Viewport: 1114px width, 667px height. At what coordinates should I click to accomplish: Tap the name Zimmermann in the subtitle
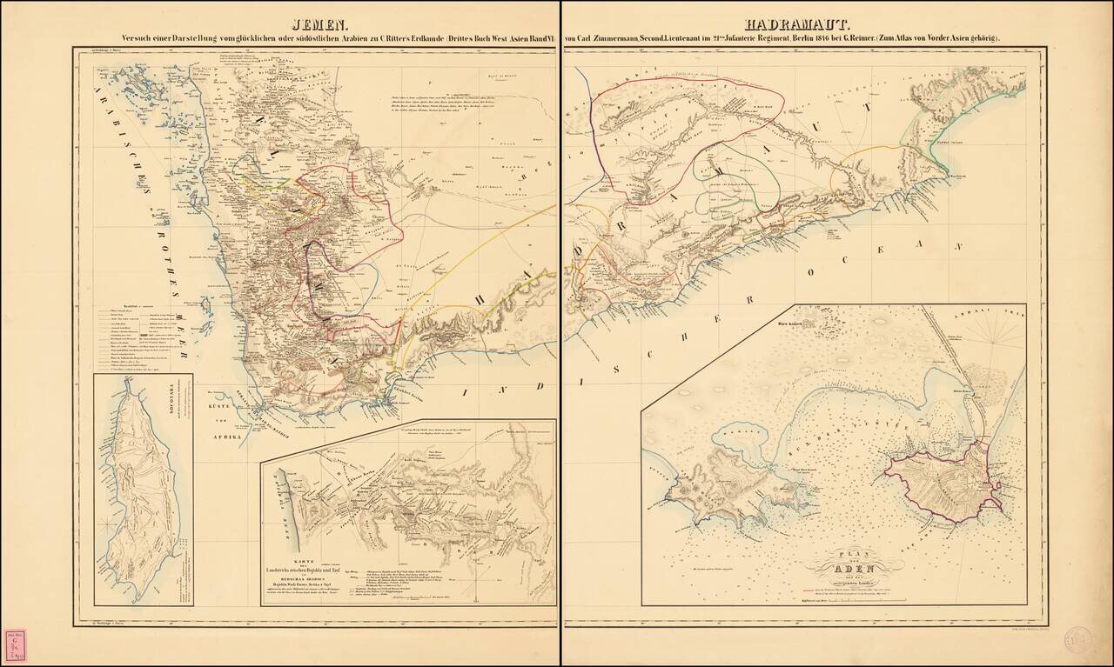(x=615, y=39)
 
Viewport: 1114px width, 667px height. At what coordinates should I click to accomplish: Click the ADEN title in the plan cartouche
(x=833, y=570)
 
